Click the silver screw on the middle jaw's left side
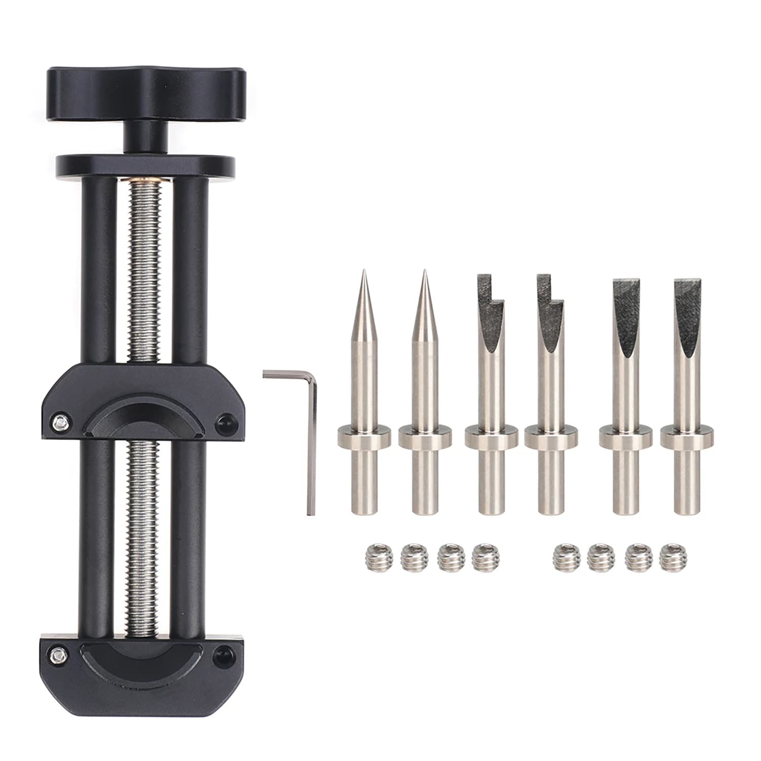pyautogui.click(x=61, y=421)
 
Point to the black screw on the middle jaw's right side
pyautogui.click(x=223, y=421)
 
